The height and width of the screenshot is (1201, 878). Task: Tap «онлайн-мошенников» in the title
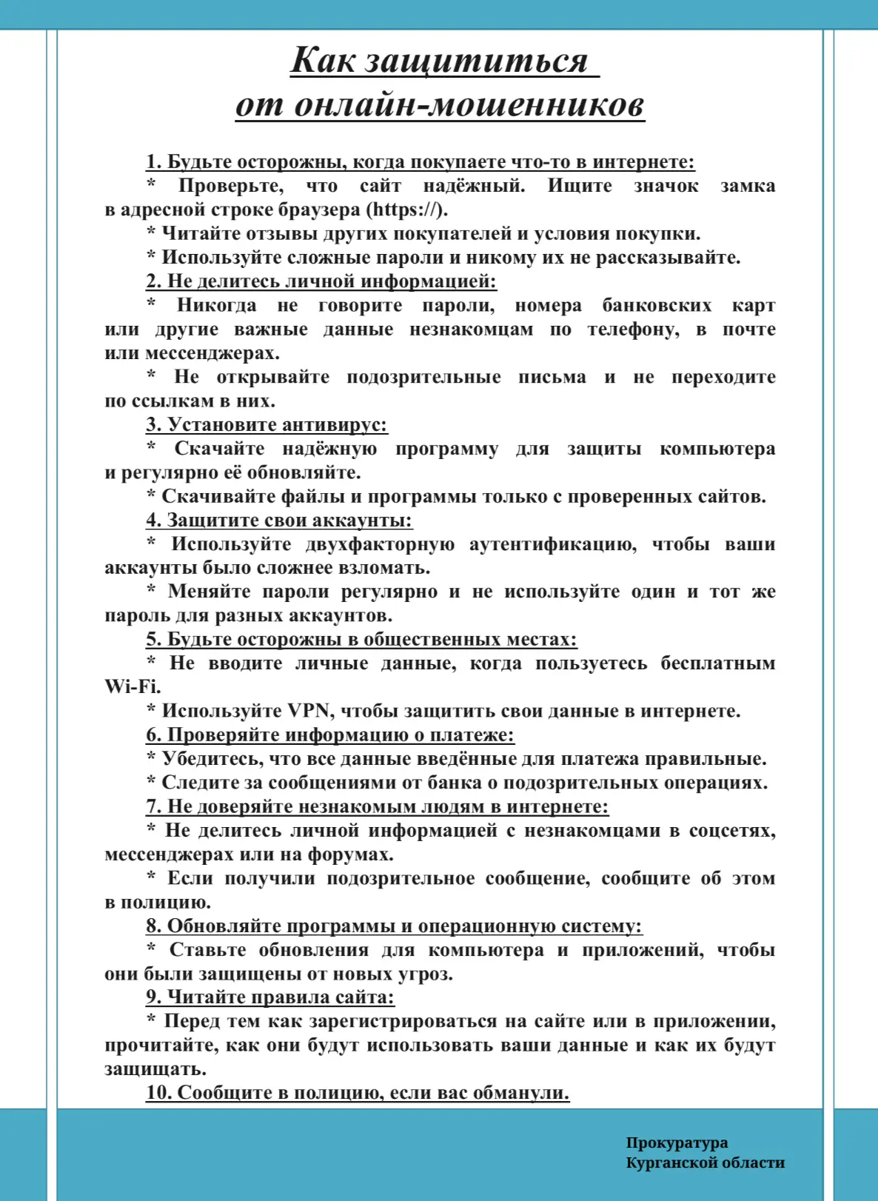[x=469, y=104]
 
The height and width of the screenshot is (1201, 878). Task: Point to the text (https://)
[x=407, y=210]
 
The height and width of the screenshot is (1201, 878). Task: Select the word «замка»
[x=748, y=186]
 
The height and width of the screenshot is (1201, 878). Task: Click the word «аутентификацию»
[x=553, y=544]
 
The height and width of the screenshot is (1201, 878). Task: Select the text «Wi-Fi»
[x=132, y=687]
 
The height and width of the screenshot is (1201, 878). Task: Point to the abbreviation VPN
[x=308, y=711]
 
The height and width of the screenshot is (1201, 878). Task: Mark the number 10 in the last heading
[x=158, y=1093]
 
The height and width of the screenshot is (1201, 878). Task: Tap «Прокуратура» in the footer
[x=677, y=1143]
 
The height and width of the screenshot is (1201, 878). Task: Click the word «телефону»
[x=634, y=329]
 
